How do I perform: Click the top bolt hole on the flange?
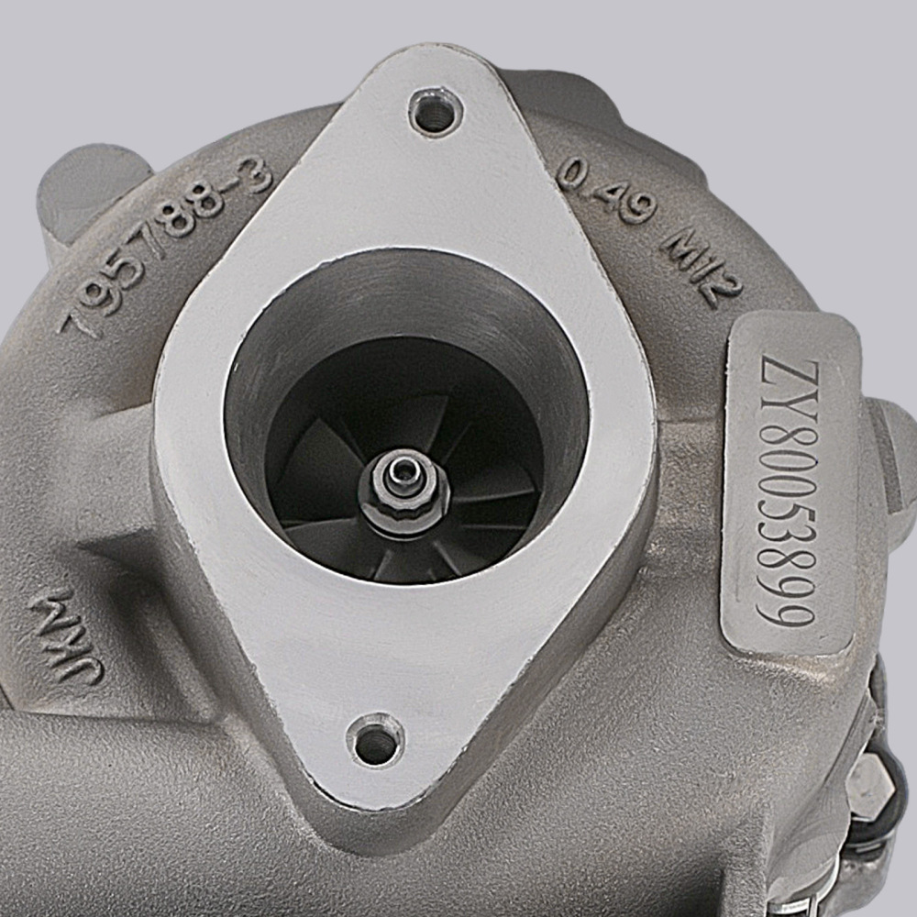coord(435,113)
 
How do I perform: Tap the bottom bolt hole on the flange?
coord(375,741)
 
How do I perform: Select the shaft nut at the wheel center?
coord(403,496)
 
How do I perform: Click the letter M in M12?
coord(681,246)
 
